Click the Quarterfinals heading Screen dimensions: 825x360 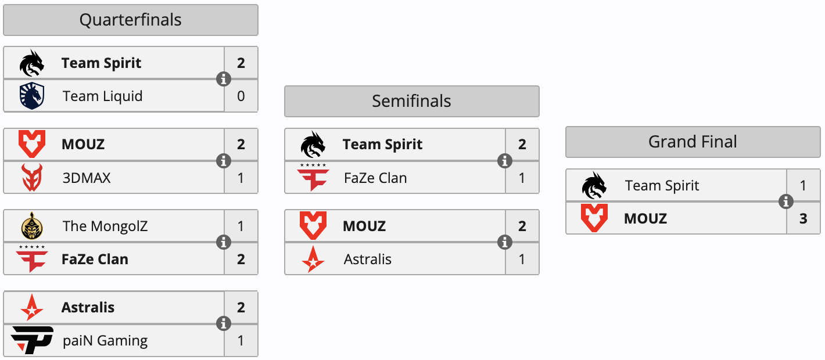(130, 20)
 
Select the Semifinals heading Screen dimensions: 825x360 (411, 101)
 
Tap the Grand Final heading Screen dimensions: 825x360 (693, 142)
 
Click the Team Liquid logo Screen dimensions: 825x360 (32, 96)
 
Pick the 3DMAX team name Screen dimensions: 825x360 (87, 178)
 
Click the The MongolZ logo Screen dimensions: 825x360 (32, 226)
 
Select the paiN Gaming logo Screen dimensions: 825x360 (33, 340)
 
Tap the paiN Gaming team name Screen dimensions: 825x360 (105, 341)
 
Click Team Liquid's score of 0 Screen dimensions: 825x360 (241, 96)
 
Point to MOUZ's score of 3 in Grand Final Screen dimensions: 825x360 (804, 219)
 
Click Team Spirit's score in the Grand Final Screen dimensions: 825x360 (804, 186)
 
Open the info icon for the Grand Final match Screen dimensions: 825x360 (786, 201)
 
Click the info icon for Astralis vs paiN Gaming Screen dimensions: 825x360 (224, 323)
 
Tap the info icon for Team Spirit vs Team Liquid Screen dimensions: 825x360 (224, 79)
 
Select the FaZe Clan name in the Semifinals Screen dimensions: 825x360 (375, 178)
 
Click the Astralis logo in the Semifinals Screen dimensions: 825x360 (313, 259)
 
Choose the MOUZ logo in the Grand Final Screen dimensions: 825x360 (594, 218)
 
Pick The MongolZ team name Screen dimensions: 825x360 (105, 226)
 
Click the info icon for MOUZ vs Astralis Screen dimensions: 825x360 (505, 242)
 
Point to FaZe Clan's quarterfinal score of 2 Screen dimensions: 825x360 (241, 260)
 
